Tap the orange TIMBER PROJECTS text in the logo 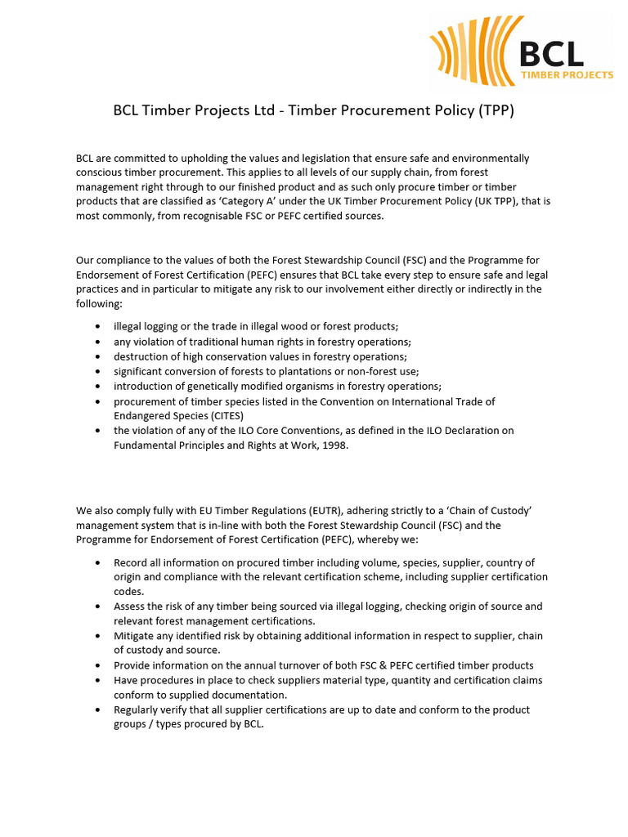[x=567, y=74]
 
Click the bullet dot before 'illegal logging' [x=99, y=326]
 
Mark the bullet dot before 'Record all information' [x=99, y=563]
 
